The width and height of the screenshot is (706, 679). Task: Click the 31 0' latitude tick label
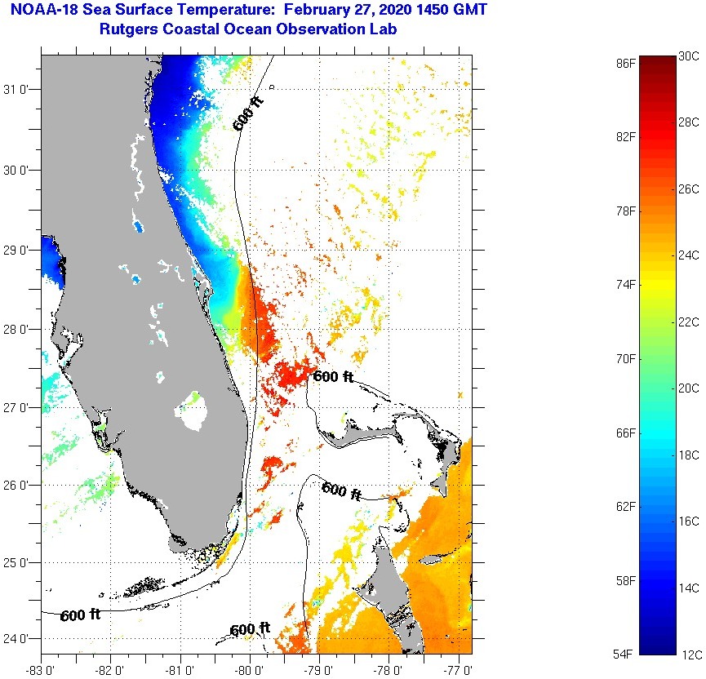(17, 90)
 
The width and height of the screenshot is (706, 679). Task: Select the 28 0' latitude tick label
(17, 329)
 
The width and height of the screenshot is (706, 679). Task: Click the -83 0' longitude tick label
(39, 671)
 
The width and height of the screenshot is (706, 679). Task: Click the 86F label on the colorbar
(626, 63)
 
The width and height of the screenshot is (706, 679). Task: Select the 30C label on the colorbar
(688, 56)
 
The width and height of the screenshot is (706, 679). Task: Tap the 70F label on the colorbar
(626, 359)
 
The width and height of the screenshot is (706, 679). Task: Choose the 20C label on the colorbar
(688, 388)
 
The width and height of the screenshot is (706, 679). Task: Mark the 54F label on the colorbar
(626, 655)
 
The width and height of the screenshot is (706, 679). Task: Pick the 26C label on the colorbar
(688, 189)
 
